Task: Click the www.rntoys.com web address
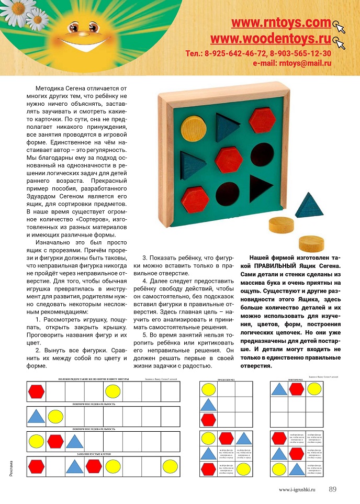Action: (281, 23)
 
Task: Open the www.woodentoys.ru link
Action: (271, 39)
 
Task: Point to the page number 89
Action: (333, 489)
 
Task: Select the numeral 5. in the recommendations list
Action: (145, 334)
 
